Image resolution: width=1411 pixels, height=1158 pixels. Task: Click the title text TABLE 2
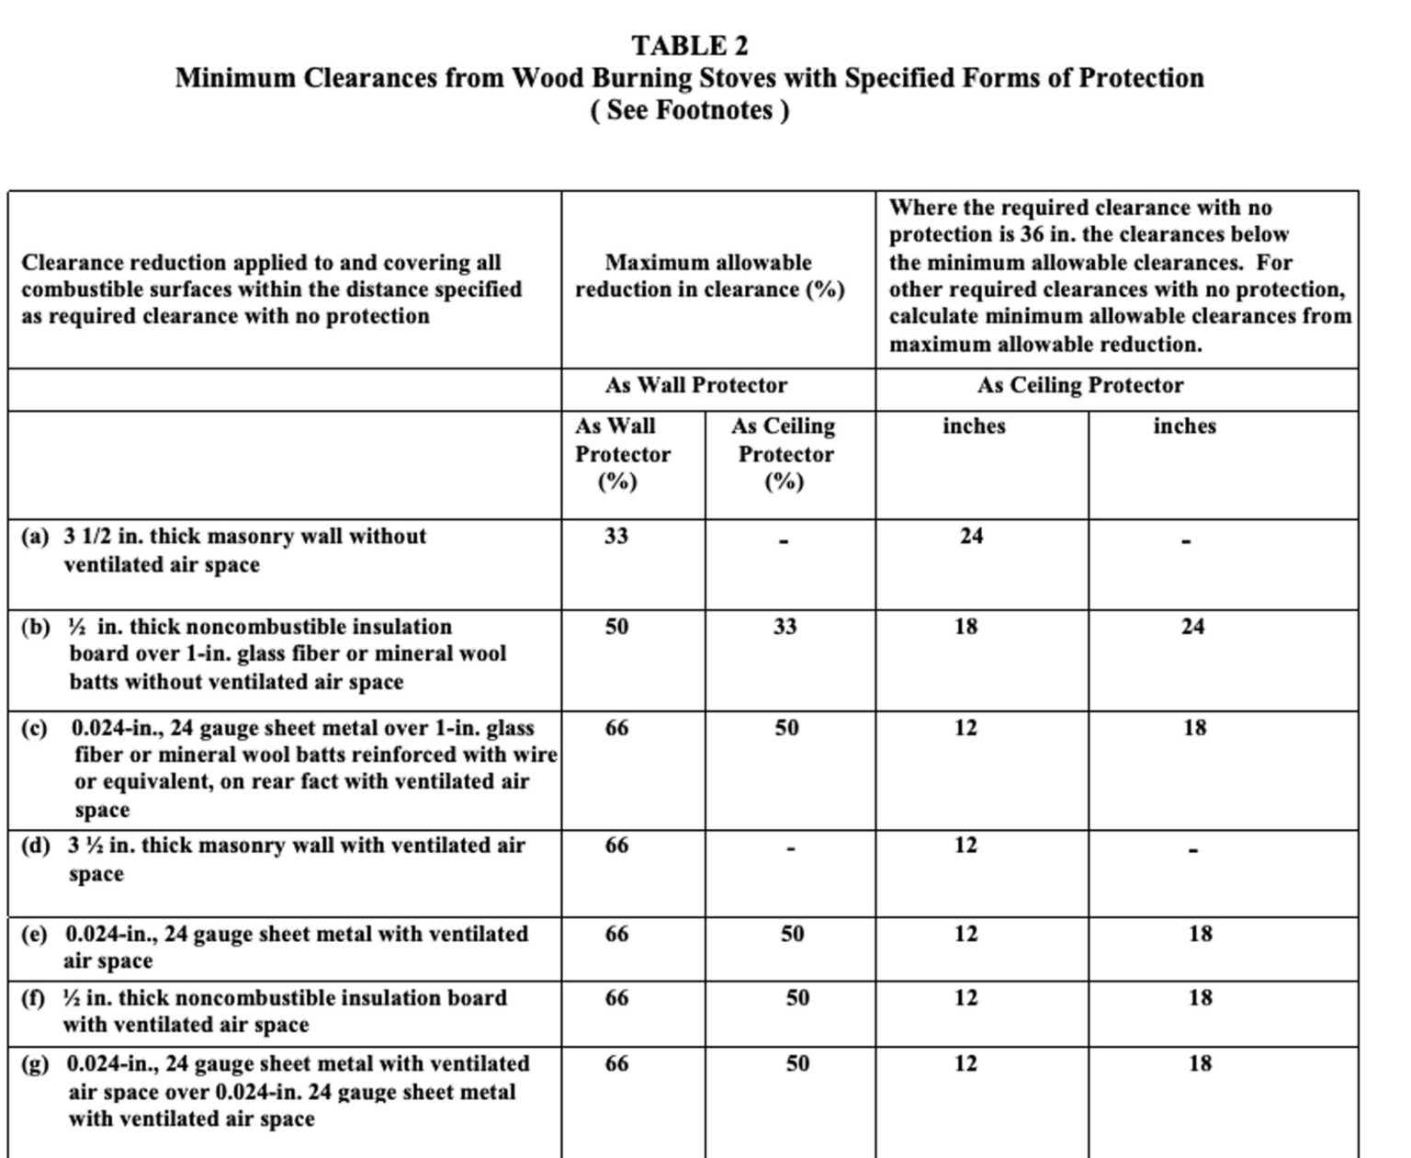click(689, 45)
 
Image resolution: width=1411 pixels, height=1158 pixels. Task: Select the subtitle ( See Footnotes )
click(689, 110)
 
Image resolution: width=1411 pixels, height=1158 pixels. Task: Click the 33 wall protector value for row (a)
click(615, 535)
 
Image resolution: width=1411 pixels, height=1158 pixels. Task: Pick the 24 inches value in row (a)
click(971, 535)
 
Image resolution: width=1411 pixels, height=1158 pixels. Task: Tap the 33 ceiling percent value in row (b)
click(784, 627)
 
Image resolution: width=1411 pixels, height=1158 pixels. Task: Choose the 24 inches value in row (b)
click(1192, 627)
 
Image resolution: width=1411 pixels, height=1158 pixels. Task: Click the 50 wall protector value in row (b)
click(615, 627)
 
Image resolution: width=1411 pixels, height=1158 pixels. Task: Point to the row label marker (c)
click(34, 728)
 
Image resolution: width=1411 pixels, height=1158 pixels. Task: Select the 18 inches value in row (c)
click(1194, 728)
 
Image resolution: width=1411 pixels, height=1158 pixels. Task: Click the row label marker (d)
click(35, 846)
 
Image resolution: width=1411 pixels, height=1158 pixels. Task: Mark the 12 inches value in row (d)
click(965, 846)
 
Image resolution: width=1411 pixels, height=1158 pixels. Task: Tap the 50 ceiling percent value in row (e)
click(792, 934)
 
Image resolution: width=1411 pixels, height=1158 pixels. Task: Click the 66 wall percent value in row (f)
click(616, 998)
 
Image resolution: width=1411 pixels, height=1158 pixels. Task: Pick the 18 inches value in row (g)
click(1200, 1063)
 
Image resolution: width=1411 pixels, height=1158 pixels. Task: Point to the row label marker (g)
click(35, 1064)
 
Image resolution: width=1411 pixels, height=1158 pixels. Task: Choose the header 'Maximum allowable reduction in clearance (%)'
click(709, 276)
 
